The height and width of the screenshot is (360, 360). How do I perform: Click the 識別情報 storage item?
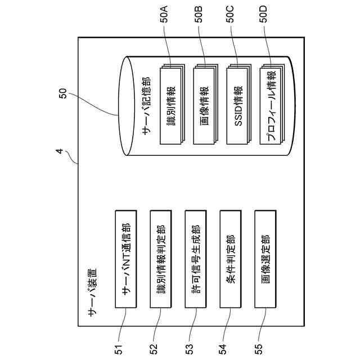(171, 106)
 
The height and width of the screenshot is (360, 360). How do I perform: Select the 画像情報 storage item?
(204, 106)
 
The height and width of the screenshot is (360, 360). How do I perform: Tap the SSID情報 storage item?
(237, 106)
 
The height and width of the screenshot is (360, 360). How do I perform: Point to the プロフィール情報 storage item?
(271, 106)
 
